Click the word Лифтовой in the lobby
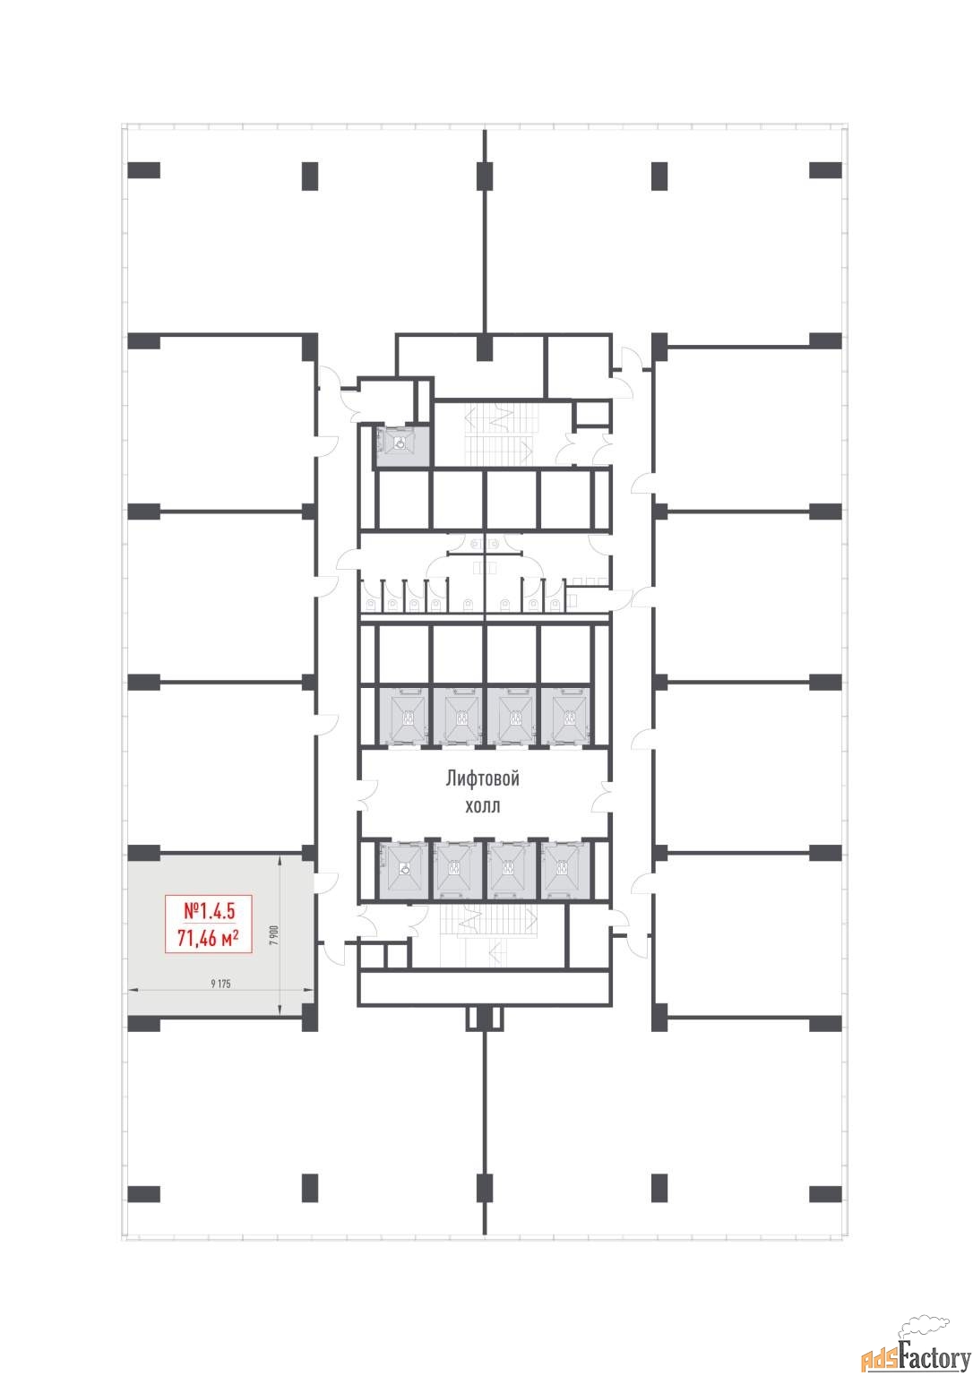click(483, 778)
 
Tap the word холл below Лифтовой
click(482, 805)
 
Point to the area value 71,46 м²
click(208, 938)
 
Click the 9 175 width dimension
click(220, 984)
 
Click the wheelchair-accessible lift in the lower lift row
click(403, 869)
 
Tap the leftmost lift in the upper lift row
click(403, 717)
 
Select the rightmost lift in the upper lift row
click(565, 717)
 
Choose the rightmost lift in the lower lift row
click(565, 869)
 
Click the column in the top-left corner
click(143, 170)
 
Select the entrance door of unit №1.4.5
click(326, 882)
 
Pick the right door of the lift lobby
click(602, 796)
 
